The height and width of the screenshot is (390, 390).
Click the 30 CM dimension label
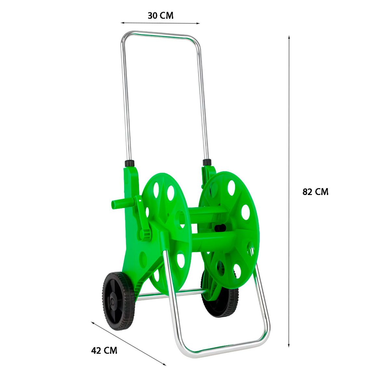pos(161,16)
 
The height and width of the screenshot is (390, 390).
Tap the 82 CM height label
pos(315,192)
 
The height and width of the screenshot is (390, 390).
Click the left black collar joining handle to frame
pos(130,163)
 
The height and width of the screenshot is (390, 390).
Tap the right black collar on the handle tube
pos(207,162)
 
